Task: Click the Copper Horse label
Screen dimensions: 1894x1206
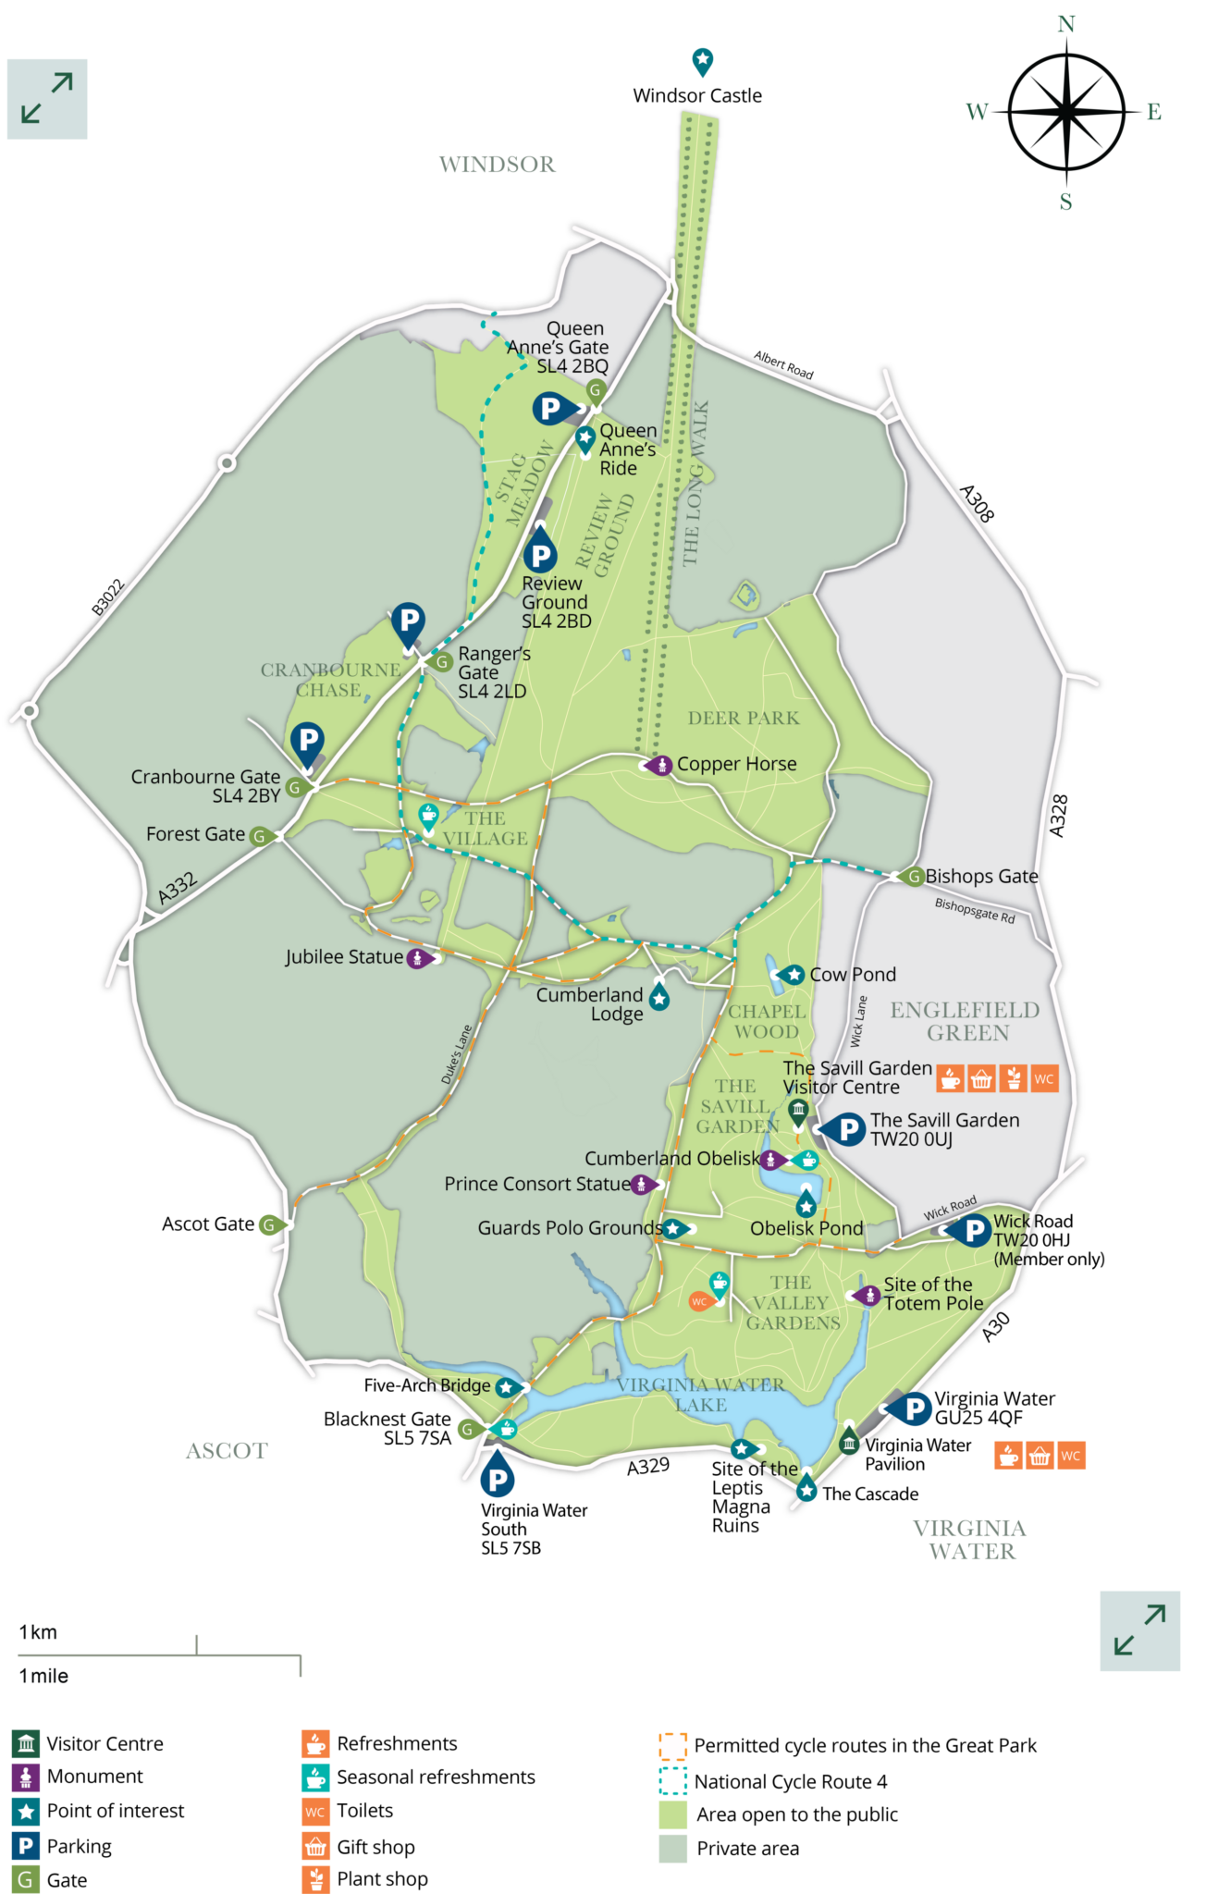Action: pyautogui.click(x=736, y=764)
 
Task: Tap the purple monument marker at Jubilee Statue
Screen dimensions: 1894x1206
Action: pyautogui.click(x=419, y=958)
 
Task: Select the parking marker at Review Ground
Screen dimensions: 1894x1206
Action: pyautogui.click(x=540, y=554)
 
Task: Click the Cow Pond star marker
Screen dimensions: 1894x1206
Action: pyautogui.click(x=793, y=975)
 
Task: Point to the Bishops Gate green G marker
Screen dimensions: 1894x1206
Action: pyautogui.click(x=913, y=876)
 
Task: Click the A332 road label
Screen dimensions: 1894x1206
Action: pyautogui.click(x=177, y=888)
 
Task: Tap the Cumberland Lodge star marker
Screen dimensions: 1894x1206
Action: pyautogui.click(x=659, y=999)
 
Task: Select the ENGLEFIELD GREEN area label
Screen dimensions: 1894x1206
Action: pyautogui.click(x=966, y=1021)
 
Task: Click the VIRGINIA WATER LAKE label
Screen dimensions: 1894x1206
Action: pyautogui.click(x=700, y=1395)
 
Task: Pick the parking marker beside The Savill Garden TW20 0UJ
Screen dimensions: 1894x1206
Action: pyautogui.click(x=846, y=1129)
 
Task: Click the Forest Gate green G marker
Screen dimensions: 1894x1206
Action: pyautogui.click(x=261, y=836)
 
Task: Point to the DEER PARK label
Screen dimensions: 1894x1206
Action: pyautogui.click(x=744, y=718)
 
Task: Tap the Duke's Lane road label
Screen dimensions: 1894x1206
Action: pyautogui.click(x=456, y=1054)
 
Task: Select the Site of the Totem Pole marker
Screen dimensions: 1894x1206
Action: pyautogui.click(x=868, y=1296)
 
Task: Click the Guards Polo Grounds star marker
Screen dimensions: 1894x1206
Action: pyautogui.click(x=674, y=1229)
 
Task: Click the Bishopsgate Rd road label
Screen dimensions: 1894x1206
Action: pyautogui.click(x=975, y=910)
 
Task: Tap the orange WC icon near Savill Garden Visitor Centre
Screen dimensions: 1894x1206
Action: pyautogui.click(x=1044, y=1078)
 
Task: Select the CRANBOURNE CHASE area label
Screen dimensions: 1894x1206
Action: pyautogui.click(x=330, y=680)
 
